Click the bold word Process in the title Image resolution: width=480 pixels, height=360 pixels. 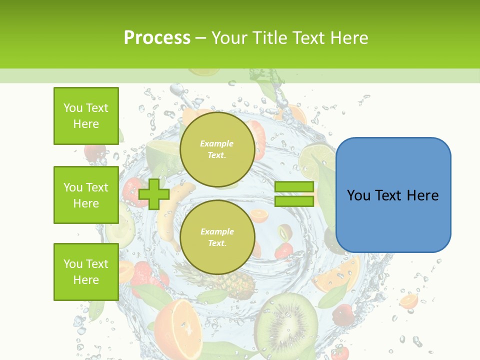click(x=157, y=38)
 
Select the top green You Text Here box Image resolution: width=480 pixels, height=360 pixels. click(x=86, y=116)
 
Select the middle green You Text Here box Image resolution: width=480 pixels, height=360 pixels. click(x=86, y=195)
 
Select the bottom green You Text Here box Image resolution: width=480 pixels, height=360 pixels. click(x=86, y=272)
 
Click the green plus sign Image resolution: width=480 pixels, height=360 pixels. click(x=154, y=194)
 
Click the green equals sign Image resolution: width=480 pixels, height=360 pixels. click(x=294, y=194)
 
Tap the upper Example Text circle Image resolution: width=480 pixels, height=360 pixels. click(x=217, y=149)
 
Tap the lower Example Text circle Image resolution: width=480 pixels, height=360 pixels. click(x=217, y=237)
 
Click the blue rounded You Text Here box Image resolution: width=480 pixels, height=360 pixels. click(x=393, y=195)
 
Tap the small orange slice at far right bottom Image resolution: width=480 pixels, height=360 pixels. click(x=409, y=301)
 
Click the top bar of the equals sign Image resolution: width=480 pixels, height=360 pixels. click(x=294, y=187)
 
